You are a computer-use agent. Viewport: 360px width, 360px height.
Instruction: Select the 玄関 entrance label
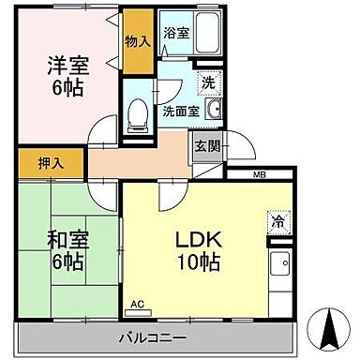coord(207,145)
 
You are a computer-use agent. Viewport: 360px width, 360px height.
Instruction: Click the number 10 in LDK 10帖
coord(186,262)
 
